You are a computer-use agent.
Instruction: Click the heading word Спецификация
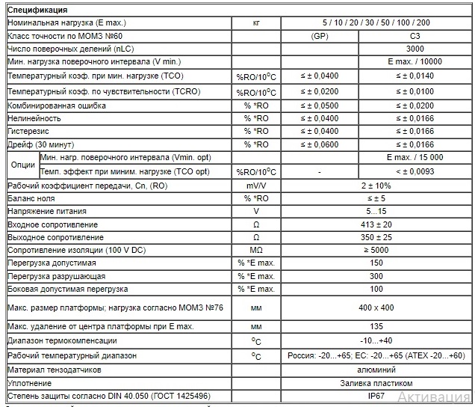[x=37, y=10]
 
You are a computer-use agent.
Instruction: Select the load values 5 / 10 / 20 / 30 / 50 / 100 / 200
[x=376, y=22]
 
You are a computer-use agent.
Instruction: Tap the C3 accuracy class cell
[x=415, y=35]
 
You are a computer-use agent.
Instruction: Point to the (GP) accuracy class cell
[x=319, y=35]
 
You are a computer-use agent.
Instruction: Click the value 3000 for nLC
[x=415, y=48]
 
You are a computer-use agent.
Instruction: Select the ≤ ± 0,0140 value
[x=415, y=76]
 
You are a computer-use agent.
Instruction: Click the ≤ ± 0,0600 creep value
[x=319, y=144]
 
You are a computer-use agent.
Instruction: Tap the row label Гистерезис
[x=29, y=132]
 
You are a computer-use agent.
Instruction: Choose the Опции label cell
[x=23, y=164]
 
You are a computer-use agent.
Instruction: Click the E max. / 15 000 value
[x=415, y=157]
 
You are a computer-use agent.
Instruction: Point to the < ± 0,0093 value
[x=415, y=171]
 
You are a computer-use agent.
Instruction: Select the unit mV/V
[x=256, y=186]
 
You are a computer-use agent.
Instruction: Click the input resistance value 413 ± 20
[x=376, y=224]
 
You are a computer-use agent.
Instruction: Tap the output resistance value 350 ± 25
[x=376, y=237]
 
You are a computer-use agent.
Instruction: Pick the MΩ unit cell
[x=256, y=250]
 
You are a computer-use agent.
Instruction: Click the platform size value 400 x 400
[x=376, y=307]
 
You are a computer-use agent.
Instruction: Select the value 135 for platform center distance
[x=376, y=327]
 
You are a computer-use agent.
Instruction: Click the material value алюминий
[x=376, y=370]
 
